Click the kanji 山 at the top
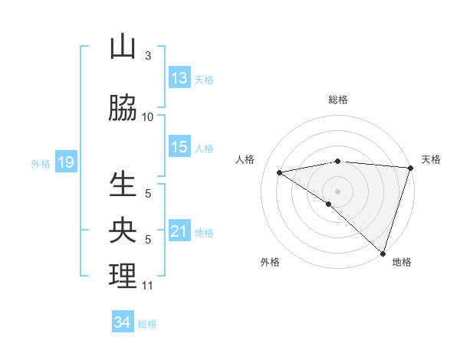pyautogui.click(x=123, y=47)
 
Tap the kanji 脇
pyautogui.click(x=123, y=109)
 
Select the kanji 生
pyautogui.click(x=123, y=186)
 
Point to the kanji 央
pyautogui.click(x=123, y=231)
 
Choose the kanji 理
pyautogui.click(x=123, y=276)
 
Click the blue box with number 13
pyautogui.click(x=179, y=78)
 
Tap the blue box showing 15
pyautogui.click(x=179, y=147)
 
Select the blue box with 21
pyautogui.click(x=179, y=231)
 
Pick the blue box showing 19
pyautogui.click(x=65, y=162)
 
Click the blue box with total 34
pyautogui.click(x=123, y=322)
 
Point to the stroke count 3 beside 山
pyautogui.click(x=147, y=55)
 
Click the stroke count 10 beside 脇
pyautogui.click(x=148, y=116)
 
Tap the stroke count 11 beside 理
pyautogui.click(x=148, y=285)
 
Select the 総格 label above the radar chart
pyautogui.click(x=338, y=100)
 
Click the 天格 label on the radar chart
pyautogui.click(x=431, y=159)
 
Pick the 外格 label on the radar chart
pyautogui.click(x=270, y=262)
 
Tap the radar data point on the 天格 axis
pyautogui.click(x=411, y=169)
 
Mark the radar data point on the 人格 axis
pyautogui.click(x=280, y=172)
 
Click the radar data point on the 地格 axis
pyautogui.click(x=383, y=253)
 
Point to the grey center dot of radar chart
pyautogui.click(x=337, y=191)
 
